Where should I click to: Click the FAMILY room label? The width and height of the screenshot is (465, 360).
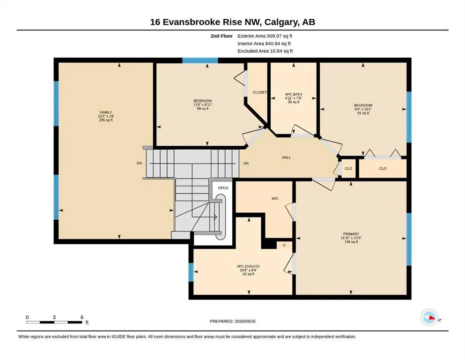106,112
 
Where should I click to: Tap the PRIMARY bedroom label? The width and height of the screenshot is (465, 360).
351,234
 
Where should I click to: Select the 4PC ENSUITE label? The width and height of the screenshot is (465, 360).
249,267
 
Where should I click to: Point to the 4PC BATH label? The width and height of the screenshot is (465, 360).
294,94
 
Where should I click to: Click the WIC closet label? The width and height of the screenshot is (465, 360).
275,199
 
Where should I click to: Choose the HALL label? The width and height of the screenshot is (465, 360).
286,157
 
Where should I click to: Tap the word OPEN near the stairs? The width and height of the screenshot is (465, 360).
223,188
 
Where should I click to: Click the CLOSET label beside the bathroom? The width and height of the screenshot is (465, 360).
260,92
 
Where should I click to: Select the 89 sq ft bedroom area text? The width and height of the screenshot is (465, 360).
203,109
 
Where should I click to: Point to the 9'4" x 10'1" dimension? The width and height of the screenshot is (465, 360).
363,109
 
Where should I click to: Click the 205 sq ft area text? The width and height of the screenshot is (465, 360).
106,120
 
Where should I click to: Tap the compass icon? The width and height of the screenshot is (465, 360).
429,317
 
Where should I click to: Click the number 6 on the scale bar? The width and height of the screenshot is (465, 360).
82,317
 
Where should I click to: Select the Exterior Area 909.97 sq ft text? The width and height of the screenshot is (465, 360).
265,36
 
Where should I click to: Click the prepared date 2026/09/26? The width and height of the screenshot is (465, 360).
245,321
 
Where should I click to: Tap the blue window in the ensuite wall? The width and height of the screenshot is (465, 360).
191,272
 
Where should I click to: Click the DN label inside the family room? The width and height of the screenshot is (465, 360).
140,163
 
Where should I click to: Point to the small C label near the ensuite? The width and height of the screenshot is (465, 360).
284,245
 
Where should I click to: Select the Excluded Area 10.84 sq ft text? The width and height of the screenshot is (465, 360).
265,51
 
